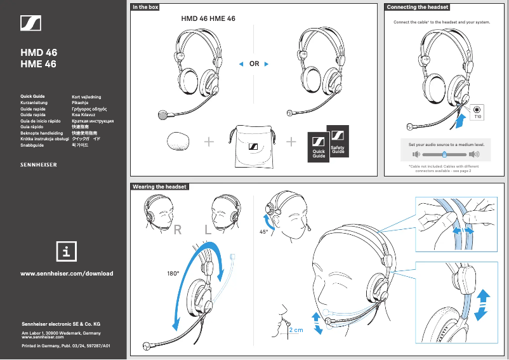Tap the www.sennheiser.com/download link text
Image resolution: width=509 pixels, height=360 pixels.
pyautogui.click(x=67, y=274)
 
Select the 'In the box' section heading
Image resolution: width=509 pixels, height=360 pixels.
pyautogui.click(x=145, y=7)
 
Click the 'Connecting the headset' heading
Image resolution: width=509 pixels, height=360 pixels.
pyautogui.click(x=418, y=7)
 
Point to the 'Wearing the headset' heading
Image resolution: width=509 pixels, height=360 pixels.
pyautogui.click(x=159, y=187)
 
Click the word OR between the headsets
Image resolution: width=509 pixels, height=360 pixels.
pyautogui.click(x=255, y=63)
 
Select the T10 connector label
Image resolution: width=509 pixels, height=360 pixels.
pyautogui.click(x=478, y=117)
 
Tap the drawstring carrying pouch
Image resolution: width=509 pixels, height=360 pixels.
pyautogui.click(x=253, y=147)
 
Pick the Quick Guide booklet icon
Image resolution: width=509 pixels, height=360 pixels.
pyautogui.click(x=319, y=149)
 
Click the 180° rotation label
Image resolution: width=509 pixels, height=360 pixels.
pyautogui.click(x=173, y=274)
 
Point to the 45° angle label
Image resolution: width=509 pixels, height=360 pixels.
pyautogui.click(x=265, y=232)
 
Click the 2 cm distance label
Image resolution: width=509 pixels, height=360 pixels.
pyautogui.click(x=295, y=331)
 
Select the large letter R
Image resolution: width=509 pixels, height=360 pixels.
pyautogui.click(x=179, y=231)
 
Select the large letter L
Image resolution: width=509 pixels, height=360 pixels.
pyautogui.click(x=208, y=231)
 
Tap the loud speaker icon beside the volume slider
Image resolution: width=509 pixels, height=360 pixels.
pyautogui.click(x=473, y=154)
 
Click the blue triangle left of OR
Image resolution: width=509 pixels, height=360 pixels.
pyautogui.click(x=241, y=63)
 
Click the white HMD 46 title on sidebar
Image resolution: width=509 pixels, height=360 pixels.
pyautogui.click(x=39, y=53)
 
